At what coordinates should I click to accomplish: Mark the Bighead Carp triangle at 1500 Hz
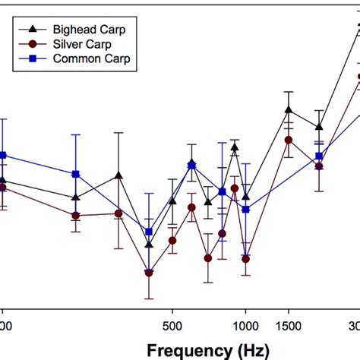(289, 110)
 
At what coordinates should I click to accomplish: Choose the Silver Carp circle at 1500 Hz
(289, 140)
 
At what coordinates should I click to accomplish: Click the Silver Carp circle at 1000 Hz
(245, 259)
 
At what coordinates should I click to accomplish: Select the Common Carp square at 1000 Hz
(245, 209)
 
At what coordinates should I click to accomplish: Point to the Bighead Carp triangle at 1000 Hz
(245, 196)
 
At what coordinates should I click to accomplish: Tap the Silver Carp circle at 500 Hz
(172, 241)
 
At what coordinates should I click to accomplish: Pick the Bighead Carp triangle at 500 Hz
(172, 201)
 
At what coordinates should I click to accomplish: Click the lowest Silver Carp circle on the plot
(149, 272)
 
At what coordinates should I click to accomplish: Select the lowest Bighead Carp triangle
(149, 245)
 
